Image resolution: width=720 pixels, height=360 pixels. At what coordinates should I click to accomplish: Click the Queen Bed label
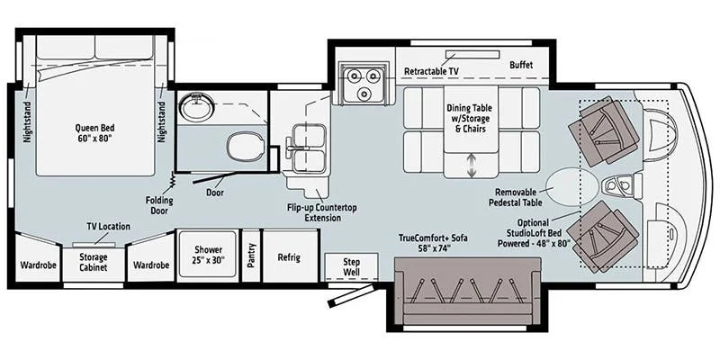[95, 132]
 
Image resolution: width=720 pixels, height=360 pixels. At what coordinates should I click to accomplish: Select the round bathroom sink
[197, 106]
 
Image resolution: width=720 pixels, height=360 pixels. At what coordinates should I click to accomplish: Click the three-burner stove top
[361, 82]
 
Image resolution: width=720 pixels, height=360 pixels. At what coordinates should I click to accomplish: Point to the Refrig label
[289, 257]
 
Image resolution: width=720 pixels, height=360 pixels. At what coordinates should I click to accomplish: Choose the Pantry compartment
[251, 256]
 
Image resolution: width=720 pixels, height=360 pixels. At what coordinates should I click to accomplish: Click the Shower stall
[208, 254]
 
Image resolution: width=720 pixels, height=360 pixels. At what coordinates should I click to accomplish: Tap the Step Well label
[351, 266]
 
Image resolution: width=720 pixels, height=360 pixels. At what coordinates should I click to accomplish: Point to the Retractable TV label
[431, 72]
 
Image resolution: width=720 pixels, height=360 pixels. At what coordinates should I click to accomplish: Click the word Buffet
[521, 65]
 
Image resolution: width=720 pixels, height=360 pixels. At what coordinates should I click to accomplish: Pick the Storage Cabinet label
[94, 262]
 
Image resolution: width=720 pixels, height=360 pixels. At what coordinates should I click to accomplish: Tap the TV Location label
[108, 227]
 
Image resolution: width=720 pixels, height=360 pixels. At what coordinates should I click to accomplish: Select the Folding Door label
[159, 205]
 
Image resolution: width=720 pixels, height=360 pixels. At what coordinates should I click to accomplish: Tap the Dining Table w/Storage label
[469, 119]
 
